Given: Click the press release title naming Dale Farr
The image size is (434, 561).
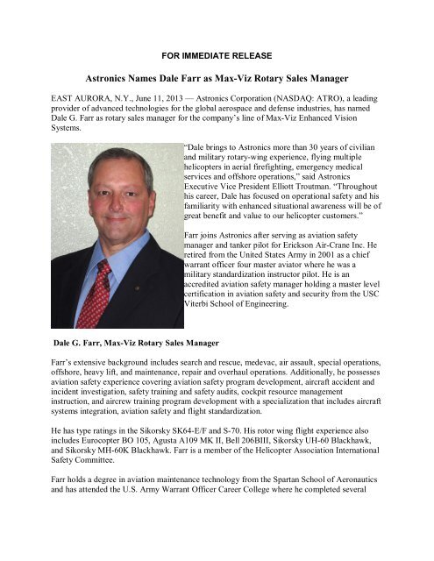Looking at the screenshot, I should click(217, 69).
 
